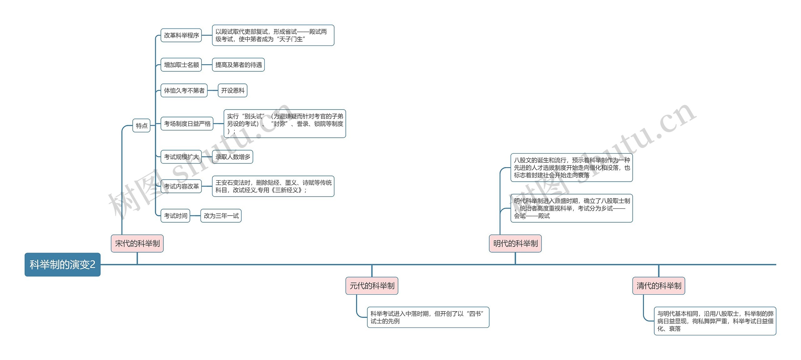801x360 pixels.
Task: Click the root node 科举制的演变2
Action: [63, 265]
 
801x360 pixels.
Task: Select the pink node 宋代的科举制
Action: [137, 243]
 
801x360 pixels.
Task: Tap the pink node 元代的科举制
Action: [372, 285]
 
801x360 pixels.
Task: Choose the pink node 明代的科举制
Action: [515, 243]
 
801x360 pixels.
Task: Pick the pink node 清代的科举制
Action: [659, 285]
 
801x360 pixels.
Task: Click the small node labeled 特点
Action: [141, 126]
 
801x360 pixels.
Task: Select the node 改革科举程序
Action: [181, 35]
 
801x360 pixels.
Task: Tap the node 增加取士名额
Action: [181, 65]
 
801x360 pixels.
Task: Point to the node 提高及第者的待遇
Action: [238, 65]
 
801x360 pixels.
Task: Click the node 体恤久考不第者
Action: [184, 90]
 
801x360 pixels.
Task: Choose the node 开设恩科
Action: [233, 90]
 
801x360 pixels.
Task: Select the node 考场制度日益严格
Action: [187, 124]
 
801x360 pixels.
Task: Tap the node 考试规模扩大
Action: [181, 157]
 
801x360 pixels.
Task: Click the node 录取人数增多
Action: [232, 157]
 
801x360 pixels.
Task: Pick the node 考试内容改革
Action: [181, 186]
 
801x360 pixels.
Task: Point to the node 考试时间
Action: [175, 216]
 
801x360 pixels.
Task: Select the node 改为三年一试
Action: [221, 216]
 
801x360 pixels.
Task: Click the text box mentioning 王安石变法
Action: [273, 186]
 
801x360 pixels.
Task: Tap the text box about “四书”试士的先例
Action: [428, 317]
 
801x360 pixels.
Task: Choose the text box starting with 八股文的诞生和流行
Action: [572, 167]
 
